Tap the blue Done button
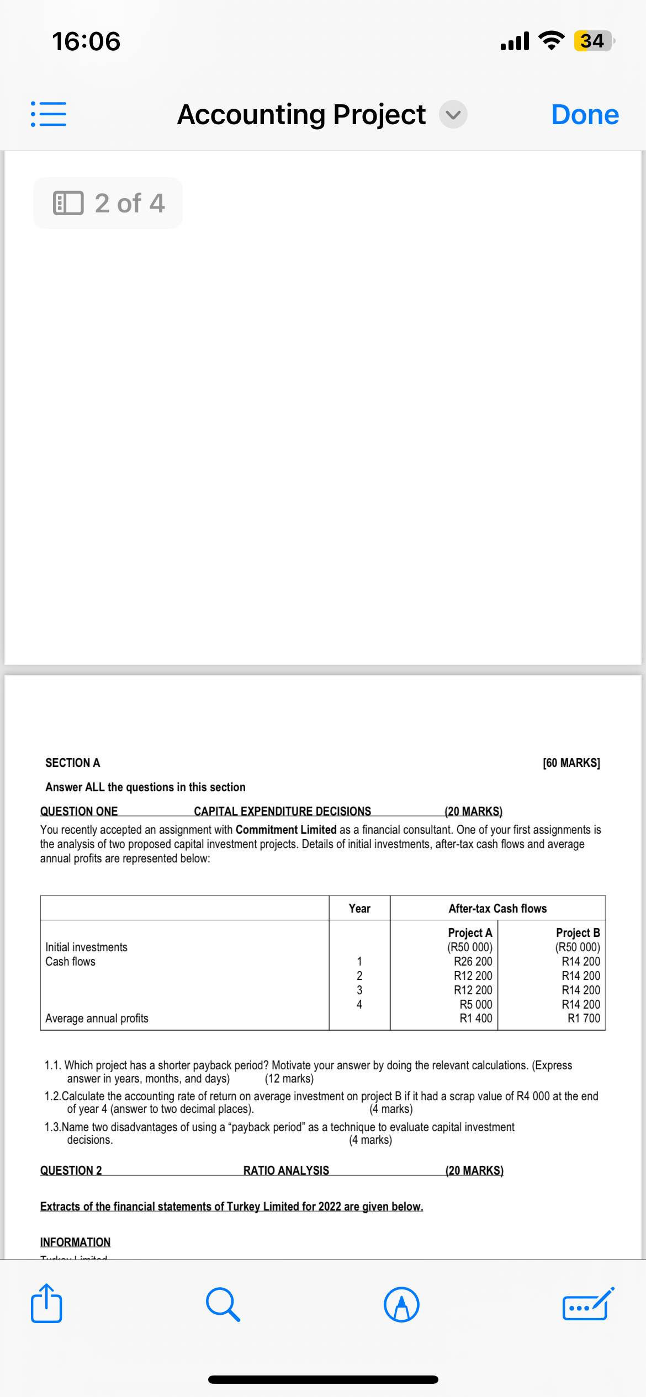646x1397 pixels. pyautogui.click(x=585, y=115)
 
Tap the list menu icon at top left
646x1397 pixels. pyautogui.click(x=49, y=114)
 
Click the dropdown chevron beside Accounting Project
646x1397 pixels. pyautogui.click(x=453, y=115)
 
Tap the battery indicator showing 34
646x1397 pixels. pyautogui.click(x=592, y=41)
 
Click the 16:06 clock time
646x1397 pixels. pyautogui.click(x=86, y=42)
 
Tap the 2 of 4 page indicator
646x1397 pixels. pyautogui.click(x=108, y=203)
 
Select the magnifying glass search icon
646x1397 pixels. pyautogui.click(x=223, y=1304)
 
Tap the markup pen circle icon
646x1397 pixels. pyautogui.click(x=401, y=1304)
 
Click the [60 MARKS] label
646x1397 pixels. pyautogui.click(x=571, y=763)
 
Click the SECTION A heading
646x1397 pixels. pyautogui.click(x=72, y=763)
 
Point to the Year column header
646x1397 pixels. pyautogui.click(x=359, y=908)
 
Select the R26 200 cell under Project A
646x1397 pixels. pyautogui.click(x=473, y=961)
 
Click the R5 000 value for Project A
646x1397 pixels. pyautogui.click(x=475, y=1004)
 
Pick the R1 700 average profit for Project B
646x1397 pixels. pyautogui.click(x=584, y=1018)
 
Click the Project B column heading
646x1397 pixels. pyautogui.click(x=578, y=932)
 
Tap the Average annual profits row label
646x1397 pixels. pyautogui.click(x=97, y=1018)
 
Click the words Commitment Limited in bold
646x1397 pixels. pyautogui.click(x=285, y=829)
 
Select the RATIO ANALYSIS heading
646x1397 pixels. pyautogui.click(x=286, y=1170)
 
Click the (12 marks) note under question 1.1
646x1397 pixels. pyautogui.click(x=289, y=1079)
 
